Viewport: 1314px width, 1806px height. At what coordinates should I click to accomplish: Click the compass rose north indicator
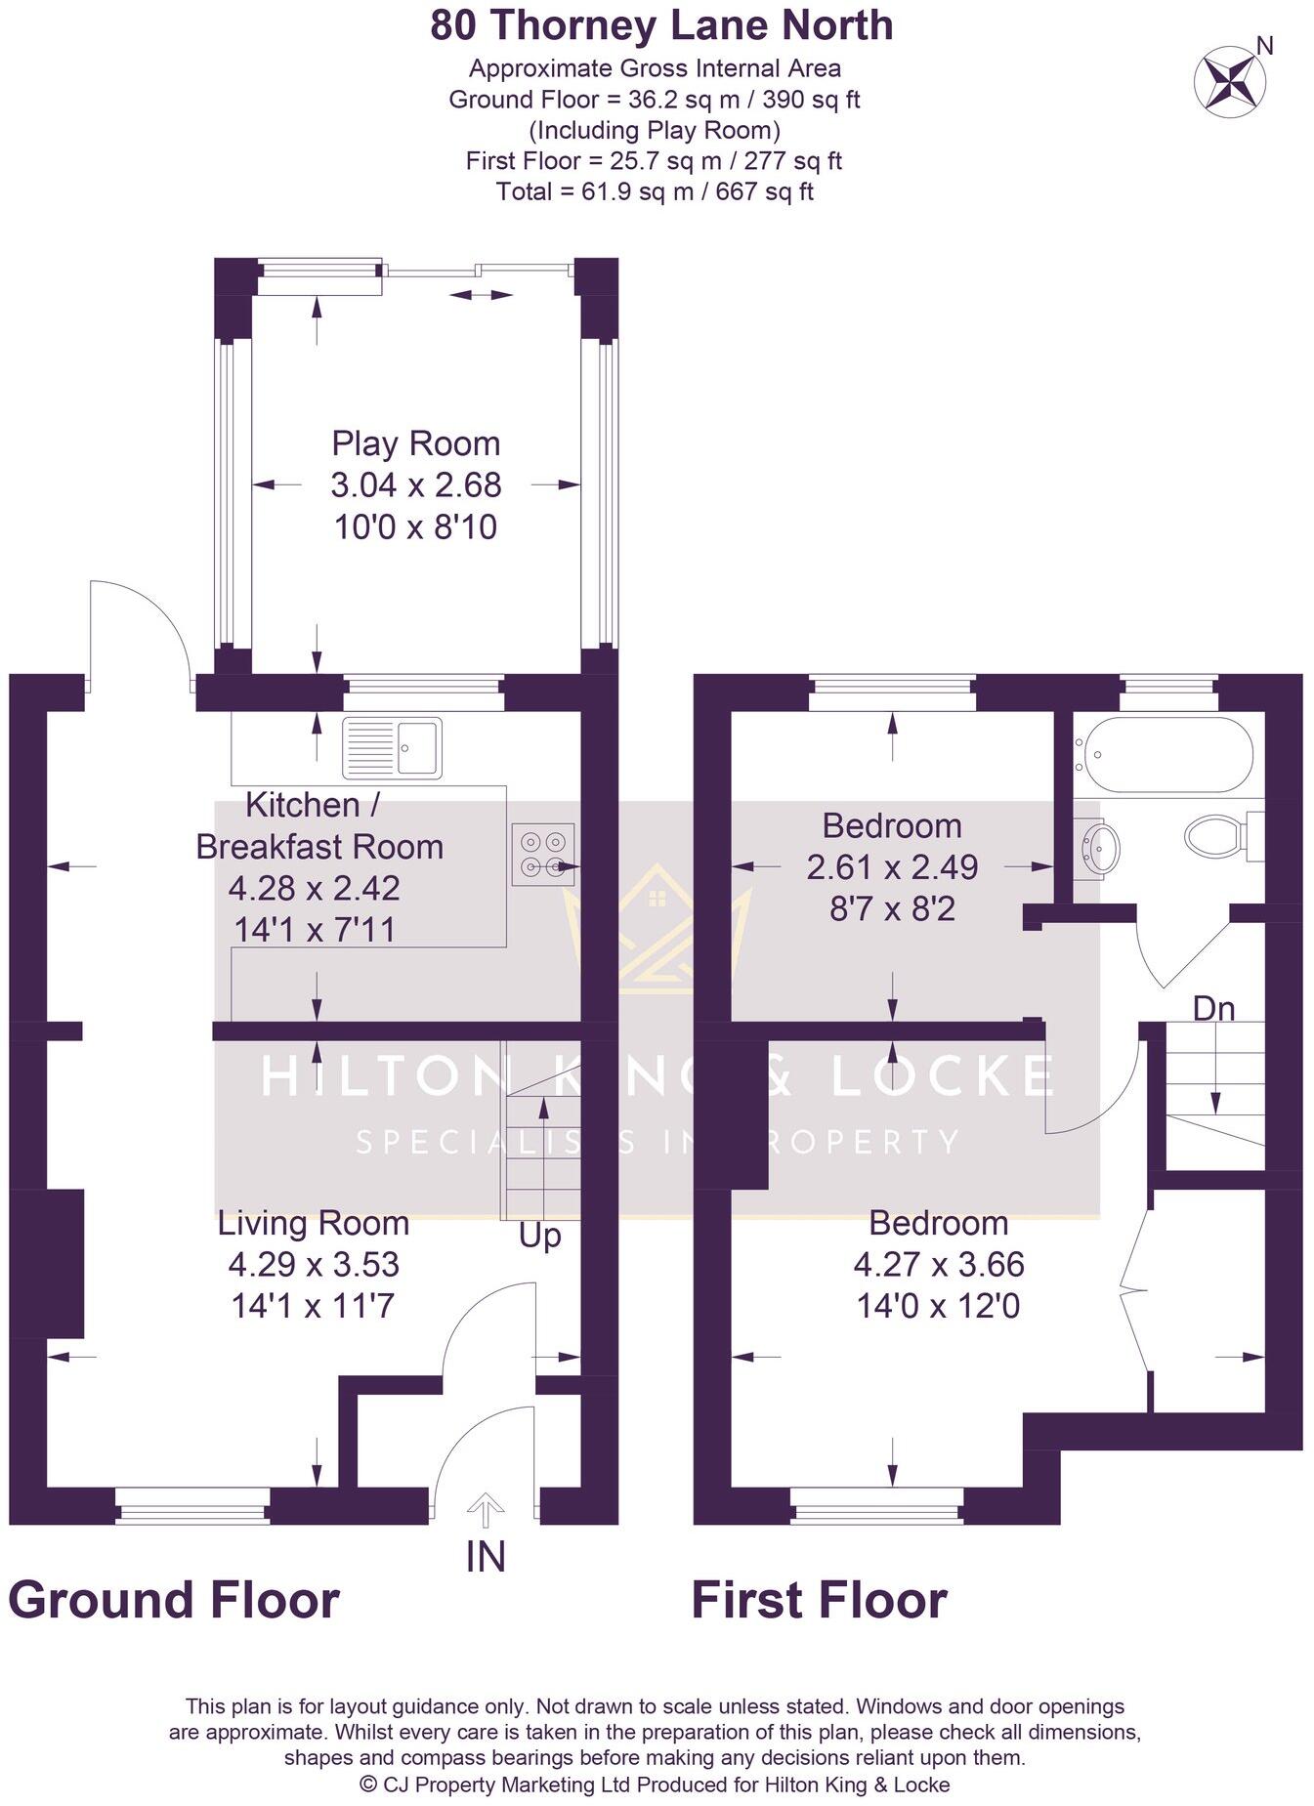tap(1231, 78)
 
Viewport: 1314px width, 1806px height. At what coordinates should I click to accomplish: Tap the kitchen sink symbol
tap(392, 747)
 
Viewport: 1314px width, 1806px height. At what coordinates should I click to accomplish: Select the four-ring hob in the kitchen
tap(543, 854)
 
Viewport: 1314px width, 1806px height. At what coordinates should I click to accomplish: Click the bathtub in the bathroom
tap(1162, 755)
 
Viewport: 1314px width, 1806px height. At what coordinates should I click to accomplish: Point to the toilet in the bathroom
tap(1216, 836)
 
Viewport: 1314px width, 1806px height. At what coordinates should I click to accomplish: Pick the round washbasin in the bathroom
tap(1101, 844)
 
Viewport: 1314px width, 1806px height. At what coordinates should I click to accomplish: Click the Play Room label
tap(416, 443)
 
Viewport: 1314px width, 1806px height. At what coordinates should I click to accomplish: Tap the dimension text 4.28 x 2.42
tap(314, 888)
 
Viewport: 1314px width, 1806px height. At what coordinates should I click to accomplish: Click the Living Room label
tap(313, 1223)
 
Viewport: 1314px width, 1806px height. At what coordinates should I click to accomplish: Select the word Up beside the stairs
tap(539, 1236)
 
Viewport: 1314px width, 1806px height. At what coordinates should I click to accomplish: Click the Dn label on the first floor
tap(1213, 1008)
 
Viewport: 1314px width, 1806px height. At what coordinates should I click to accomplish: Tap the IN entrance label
tap(486, 1557)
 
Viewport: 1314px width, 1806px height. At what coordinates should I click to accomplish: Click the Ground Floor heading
tap(174, 1600)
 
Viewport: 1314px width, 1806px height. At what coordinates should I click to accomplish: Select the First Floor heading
tap(819, 1600)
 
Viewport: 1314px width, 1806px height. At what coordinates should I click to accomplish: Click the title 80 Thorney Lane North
tap(661, 25)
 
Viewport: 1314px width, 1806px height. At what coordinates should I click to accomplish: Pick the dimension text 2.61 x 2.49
tap(892, 867)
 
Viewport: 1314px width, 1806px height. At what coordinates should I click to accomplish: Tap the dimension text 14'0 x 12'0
tap(938, 1306)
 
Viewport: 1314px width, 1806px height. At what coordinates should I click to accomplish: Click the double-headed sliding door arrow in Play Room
tap(481, 294)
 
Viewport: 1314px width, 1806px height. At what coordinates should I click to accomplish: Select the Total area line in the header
tap(655, 191)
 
